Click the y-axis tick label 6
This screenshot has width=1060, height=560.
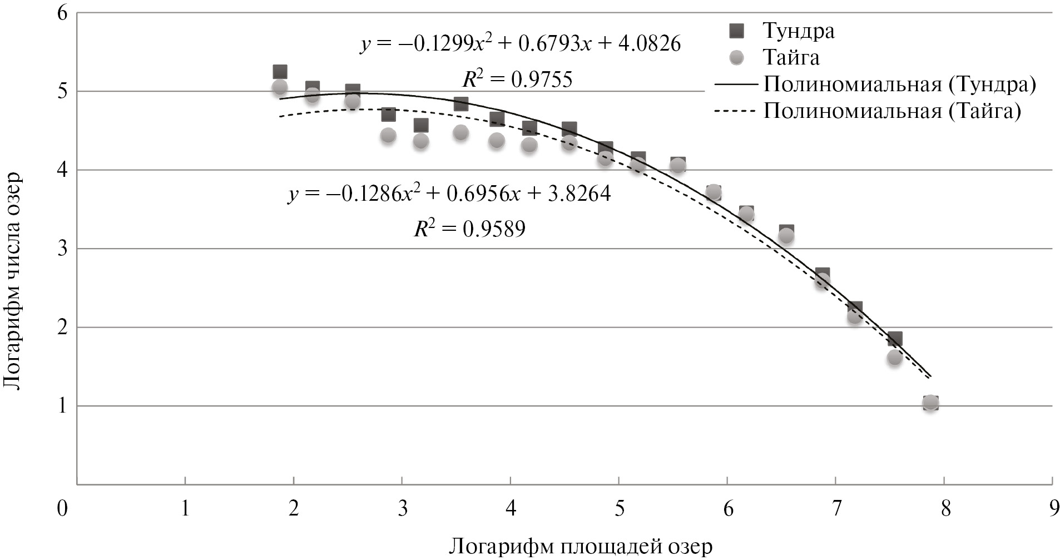point(62,13)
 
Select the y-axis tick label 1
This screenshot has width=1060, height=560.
point(62,407)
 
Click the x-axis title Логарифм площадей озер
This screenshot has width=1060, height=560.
point(581,546)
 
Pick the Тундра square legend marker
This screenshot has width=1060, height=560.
point(737,31)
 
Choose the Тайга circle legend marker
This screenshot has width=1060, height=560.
point(737,58)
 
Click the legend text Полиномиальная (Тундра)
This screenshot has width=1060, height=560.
point(900,85)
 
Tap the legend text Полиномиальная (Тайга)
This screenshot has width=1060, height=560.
point(892,111)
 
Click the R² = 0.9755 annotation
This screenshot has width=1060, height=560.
point(517,80)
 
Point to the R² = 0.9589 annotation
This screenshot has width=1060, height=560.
point(469,229)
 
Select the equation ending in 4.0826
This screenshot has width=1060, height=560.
point(521,44)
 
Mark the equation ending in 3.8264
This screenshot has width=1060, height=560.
point(449,194)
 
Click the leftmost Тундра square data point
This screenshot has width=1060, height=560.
point(280,72)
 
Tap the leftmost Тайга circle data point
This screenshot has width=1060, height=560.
point(280,87)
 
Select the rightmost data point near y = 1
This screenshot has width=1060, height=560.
point(930,403)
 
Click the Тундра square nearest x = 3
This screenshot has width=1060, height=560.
point(388,115)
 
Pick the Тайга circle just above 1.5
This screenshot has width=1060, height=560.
point(894,358)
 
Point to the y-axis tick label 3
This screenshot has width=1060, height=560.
point(62,249)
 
